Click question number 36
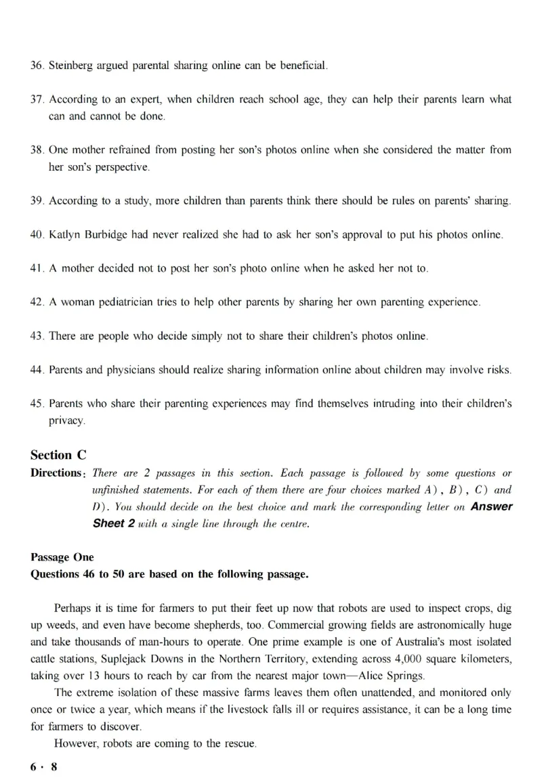click(x=37, y=66)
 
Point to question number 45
click(x=37, y=404)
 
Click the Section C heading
click(x=59, y=455)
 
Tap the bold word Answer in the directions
click(x=491, y=506)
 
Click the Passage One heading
click(x=62, y=557)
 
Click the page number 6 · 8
click(x=44, y=767)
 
